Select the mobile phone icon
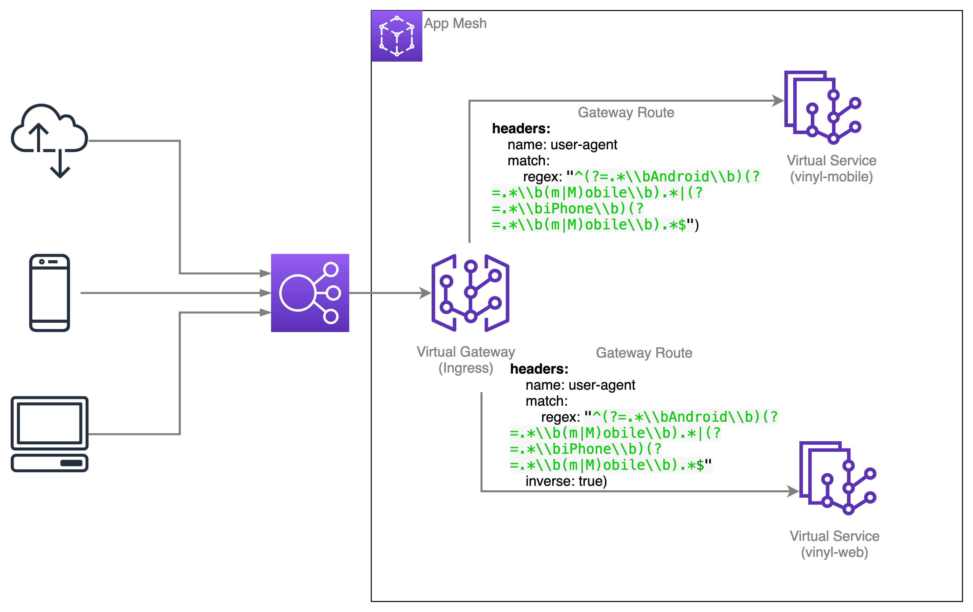point(49,293)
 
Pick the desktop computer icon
point(49,434)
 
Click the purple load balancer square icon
point(310,293)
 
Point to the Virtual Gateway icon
point(470,293)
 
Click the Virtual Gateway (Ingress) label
point(466,360)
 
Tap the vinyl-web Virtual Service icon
point(838,478)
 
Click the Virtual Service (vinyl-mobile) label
point(831,169)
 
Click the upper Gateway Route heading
point(626,112)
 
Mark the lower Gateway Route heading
point(644,353)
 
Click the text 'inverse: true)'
point(566,481)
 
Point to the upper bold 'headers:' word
point(521,128)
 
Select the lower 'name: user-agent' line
point(580,385)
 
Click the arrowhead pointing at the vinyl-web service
point(793,491)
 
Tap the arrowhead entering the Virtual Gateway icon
point(425,293)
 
